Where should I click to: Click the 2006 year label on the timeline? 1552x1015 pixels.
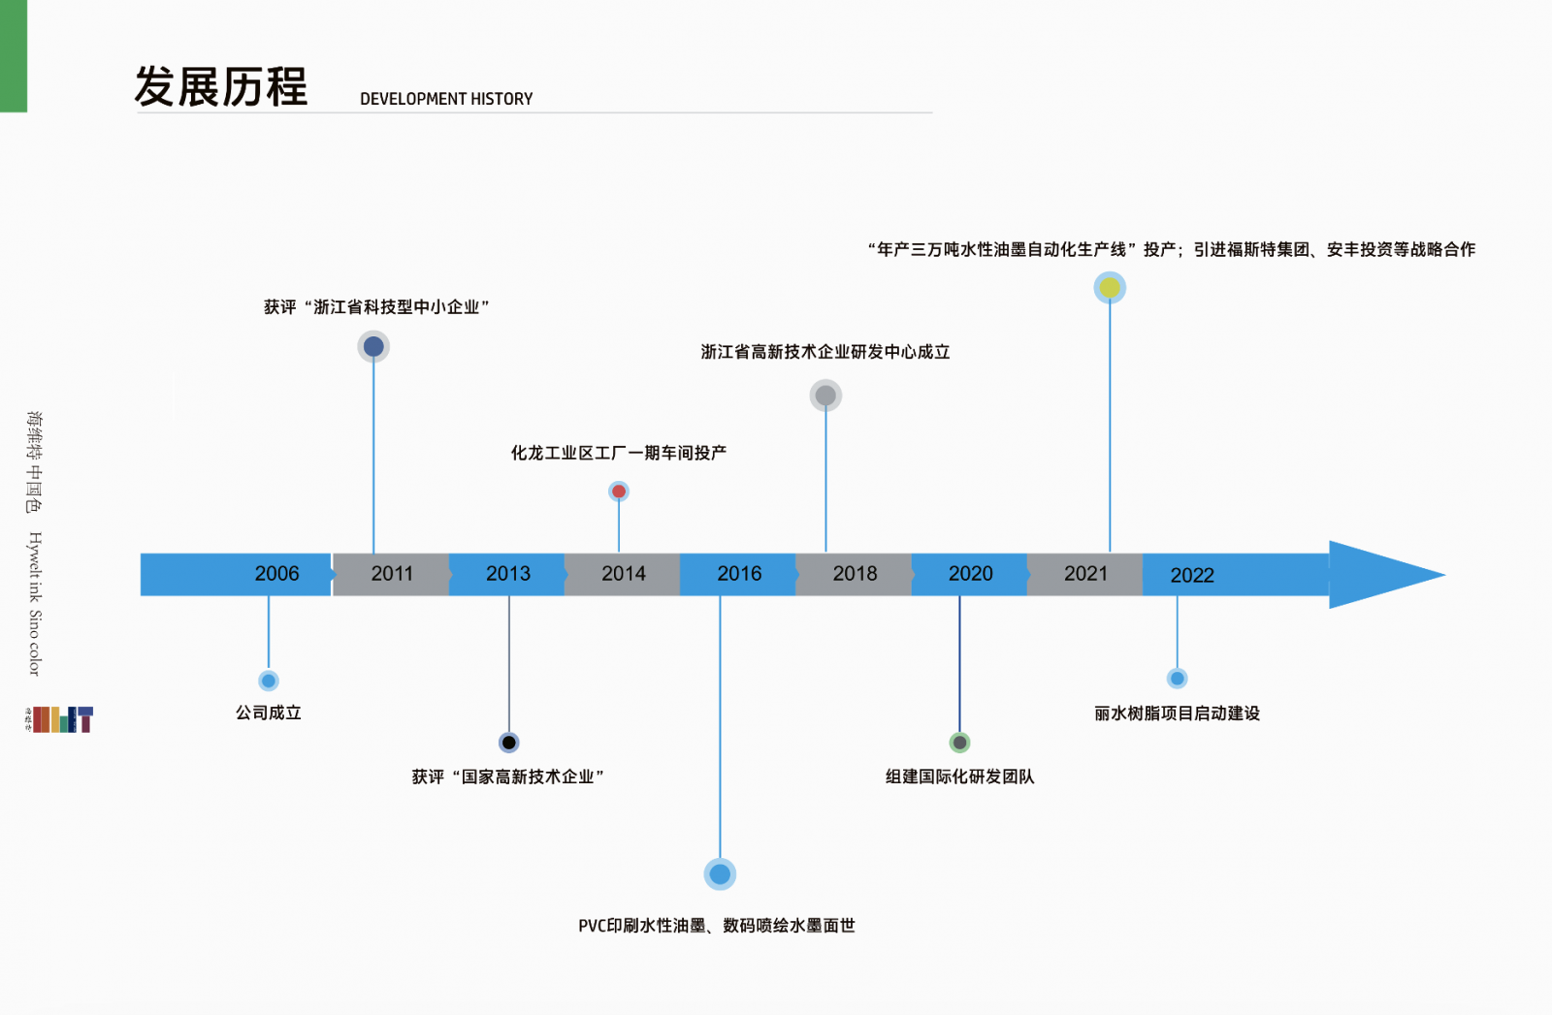point(276,574)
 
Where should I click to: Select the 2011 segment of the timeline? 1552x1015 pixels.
point(392,574)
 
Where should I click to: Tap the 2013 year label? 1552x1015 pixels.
point(507,574)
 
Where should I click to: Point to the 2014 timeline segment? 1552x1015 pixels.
point(623,574)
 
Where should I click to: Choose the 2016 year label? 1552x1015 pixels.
point(739,574)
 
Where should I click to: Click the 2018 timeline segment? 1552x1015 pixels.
point(855,574)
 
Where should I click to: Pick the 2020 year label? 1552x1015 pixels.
point(970,574)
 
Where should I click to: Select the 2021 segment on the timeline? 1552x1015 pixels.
point(1085,574)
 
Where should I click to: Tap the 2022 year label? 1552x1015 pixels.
point(1192,575)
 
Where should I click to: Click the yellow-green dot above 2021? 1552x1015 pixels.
point(1110,287)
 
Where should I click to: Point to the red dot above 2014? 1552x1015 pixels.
point(619,492)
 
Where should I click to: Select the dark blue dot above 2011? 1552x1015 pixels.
point(373,346)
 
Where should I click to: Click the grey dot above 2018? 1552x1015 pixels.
point(825,396)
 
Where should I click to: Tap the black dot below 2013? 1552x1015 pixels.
point(509,743)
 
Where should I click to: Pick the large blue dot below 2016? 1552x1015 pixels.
point(720,874)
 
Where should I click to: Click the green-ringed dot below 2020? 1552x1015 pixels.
point(959,743)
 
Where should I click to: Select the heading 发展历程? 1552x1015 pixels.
point(220,87)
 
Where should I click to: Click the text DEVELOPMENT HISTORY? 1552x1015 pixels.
point(446,99)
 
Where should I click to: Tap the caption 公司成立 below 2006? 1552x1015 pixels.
point(269,713)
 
